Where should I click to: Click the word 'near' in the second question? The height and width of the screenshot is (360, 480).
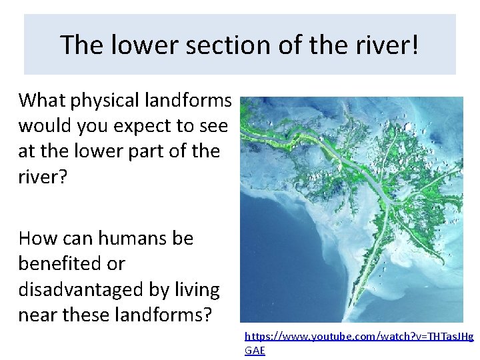point(39,315)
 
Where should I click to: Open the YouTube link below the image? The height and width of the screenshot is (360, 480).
point(359,337)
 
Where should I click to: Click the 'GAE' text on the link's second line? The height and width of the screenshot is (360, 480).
point(255,351)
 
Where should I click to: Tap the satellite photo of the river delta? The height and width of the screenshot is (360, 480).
point(351,209)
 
